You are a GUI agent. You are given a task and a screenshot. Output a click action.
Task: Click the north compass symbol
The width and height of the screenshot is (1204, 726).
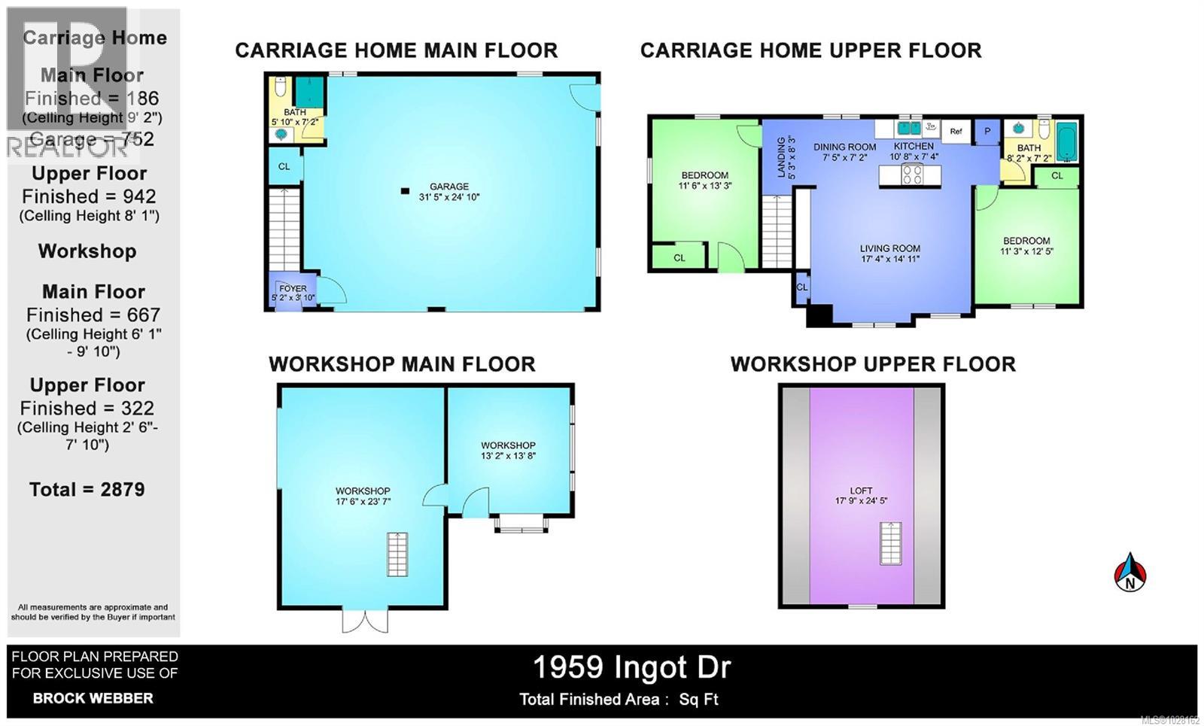pos(1130,573)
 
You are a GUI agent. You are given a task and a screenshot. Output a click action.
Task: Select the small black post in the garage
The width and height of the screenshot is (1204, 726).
pos(405,191)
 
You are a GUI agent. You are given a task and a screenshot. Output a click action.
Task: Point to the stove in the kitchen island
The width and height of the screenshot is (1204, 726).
pos(912,175)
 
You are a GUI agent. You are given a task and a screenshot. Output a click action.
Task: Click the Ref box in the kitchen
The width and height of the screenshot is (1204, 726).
pos(956,131)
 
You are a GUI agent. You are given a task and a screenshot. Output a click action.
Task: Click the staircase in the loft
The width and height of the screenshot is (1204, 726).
pos(891,543)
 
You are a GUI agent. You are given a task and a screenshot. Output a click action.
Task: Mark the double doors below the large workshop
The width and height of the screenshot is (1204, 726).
pos(366,620)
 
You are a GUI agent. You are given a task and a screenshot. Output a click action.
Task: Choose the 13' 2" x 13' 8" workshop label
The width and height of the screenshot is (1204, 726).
pos(508,451)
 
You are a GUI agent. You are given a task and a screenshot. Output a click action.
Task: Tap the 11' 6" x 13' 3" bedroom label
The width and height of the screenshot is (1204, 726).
pos(704,181)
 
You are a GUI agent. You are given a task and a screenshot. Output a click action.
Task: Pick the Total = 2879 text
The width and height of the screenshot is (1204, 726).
pos(87,489)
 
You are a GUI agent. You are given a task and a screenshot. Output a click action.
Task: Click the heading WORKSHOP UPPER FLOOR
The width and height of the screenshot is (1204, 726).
pos(873,364)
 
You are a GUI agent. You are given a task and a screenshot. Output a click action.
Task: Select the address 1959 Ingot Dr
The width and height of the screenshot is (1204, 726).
pos(631,667)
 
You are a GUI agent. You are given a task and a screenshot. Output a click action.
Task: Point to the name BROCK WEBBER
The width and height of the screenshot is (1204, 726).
pos(93,698)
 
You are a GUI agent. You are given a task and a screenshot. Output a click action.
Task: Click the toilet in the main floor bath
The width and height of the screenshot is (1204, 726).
pos(280,88)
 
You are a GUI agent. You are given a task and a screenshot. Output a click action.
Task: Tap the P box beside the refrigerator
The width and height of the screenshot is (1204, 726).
pos(987,131)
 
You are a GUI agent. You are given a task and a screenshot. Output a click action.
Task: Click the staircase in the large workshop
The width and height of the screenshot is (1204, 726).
pos(397,554)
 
